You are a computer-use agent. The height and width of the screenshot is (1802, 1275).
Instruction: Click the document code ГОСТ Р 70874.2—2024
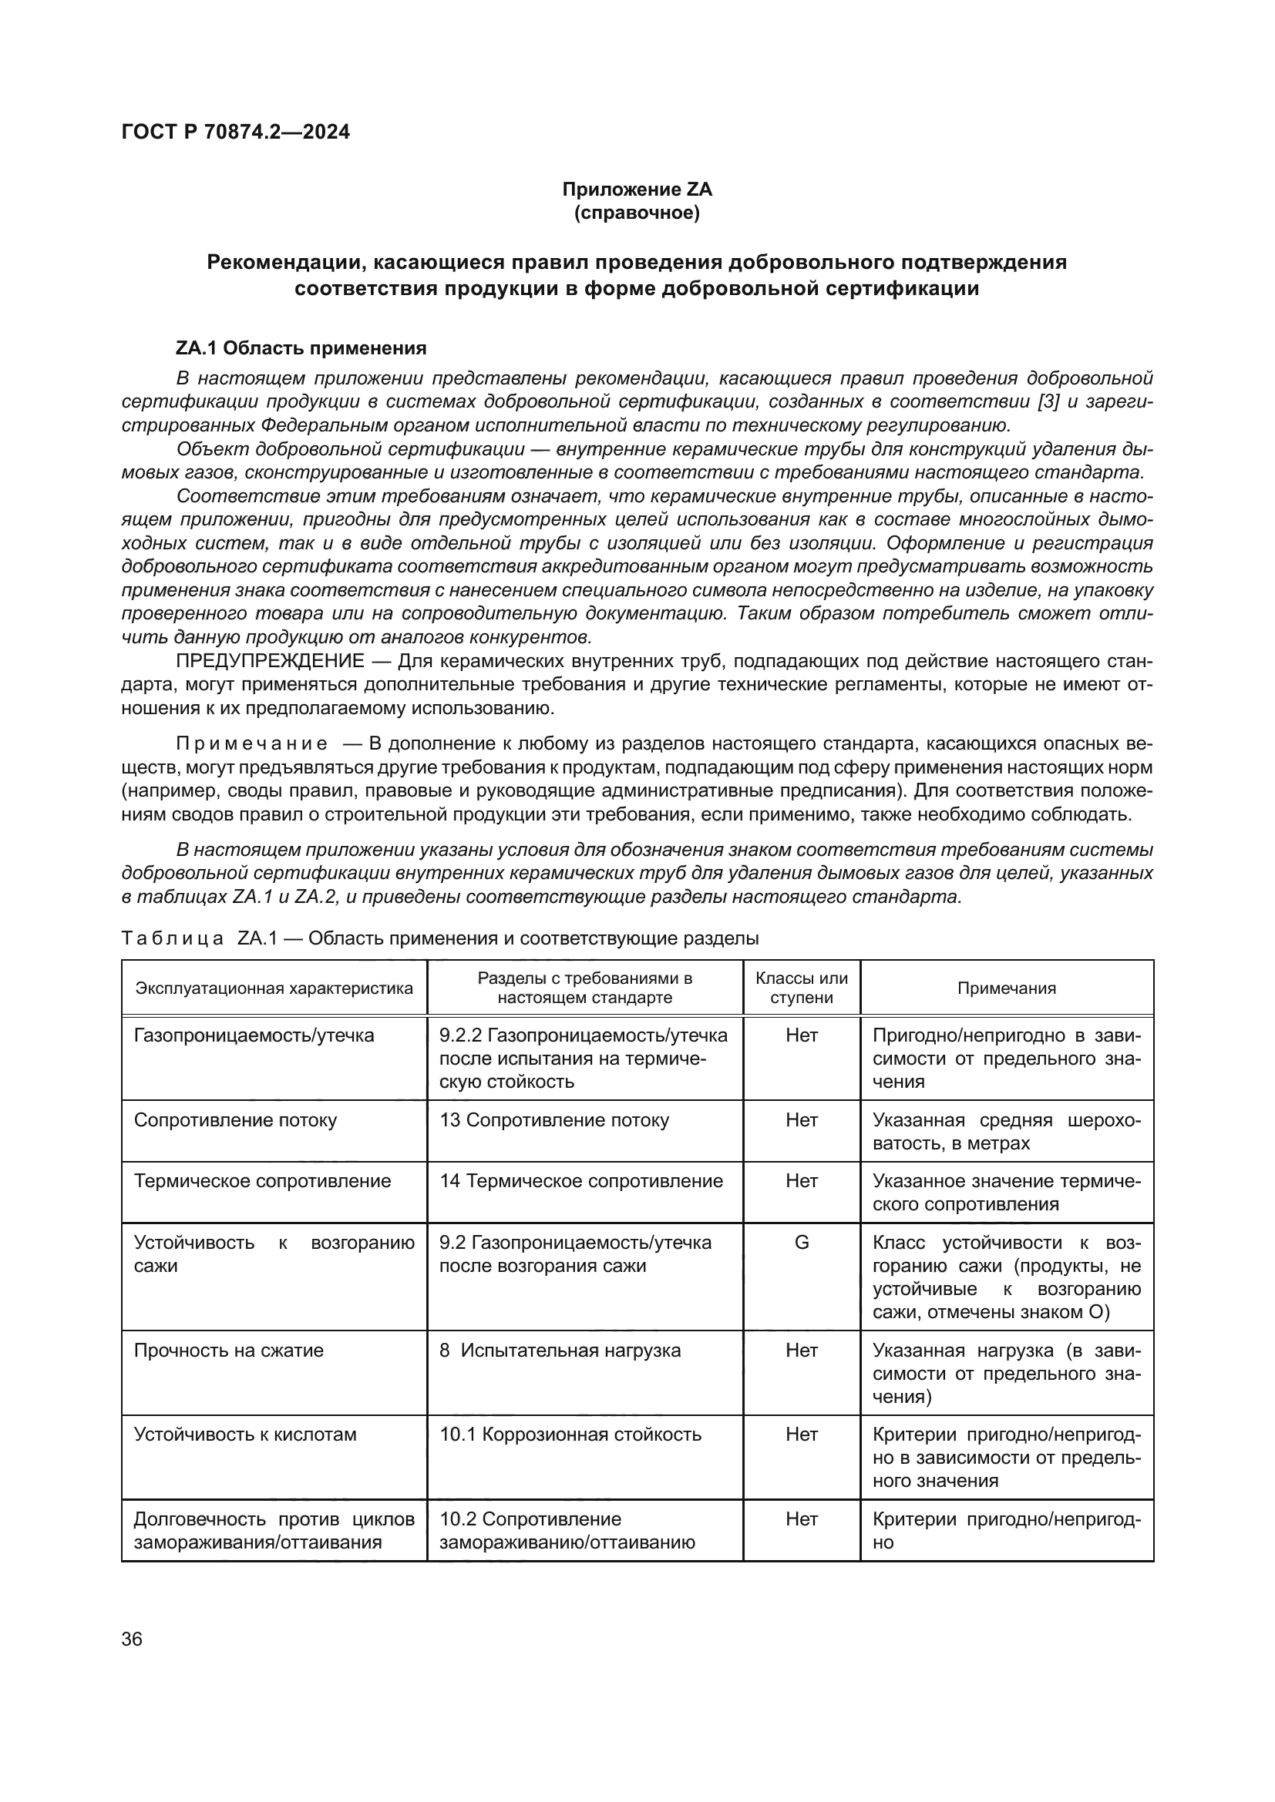click(236, 132)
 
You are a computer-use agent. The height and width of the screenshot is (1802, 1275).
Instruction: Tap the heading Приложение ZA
click(637, 190)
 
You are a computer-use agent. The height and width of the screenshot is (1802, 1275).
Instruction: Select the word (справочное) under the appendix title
click(637, 213)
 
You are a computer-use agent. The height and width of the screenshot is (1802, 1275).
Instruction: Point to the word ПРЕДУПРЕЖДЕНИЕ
click(270, 661)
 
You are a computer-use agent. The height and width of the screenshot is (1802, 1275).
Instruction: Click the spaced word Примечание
click(251, 743)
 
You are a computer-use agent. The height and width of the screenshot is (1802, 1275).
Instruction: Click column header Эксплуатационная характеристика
click(274, 988)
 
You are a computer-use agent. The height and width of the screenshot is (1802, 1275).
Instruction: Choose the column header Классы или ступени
click(802, 988)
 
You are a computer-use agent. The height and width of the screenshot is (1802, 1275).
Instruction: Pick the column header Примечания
click(1007, 988)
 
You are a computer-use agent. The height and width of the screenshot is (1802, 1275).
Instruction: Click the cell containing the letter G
click(802, 1243)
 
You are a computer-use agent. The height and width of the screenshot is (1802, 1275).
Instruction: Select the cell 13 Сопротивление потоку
click(554, 1120)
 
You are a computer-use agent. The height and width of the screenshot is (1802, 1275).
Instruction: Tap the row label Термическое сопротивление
click(262, 1181)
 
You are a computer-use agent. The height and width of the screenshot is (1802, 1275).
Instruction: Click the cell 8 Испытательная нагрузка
click(560, 1351)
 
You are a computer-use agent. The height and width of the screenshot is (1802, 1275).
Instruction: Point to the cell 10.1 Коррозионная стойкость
click(570, 1435)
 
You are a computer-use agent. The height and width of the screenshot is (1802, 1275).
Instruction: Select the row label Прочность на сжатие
click(228, 1351)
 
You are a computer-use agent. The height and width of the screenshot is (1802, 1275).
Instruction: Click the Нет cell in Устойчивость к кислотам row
click(802, 1435)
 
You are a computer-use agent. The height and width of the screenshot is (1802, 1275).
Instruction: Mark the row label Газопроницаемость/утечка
click(254, 1035)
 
